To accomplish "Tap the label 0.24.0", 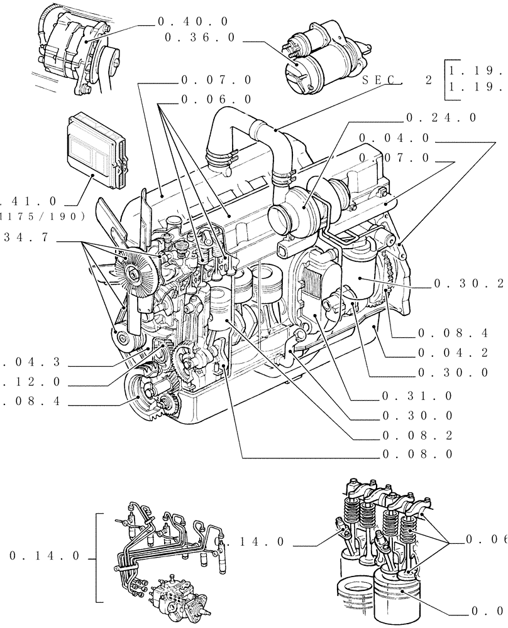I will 441,117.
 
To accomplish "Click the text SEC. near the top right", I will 382,80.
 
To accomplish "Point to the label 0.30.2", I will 470,284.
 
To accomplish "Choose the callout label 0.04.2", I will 453,354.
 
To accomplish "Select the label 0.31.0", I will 416,396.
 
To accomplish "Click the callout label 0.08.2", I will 416,435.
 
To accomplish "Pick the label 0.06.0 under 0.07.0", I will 216,99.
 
